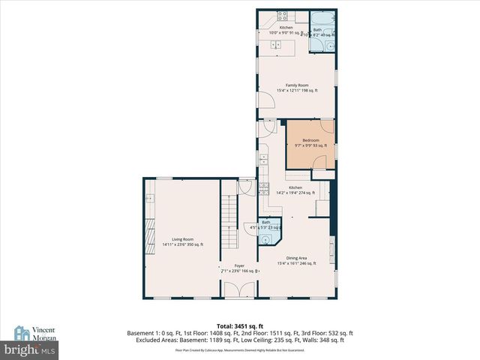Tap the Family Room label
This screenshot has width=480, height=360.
[x=292, y=85]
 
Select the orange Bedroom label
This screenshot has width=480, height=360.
[x=310, y=140]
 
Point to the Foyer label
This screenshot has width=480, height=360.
[x=239, y=265]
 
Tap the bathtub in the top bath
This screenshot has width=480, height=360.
[x=323, y=19]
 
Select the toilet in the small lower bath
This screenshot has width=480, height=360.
[x=265, y=239]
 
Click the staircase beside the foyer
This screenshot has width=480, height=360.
[x=228, y=217]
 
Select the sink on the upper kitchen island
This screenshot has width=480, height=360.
[x=274, y=44]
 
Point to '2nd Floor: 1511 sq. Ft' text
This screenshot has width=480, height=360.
[x=274, y=333]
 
